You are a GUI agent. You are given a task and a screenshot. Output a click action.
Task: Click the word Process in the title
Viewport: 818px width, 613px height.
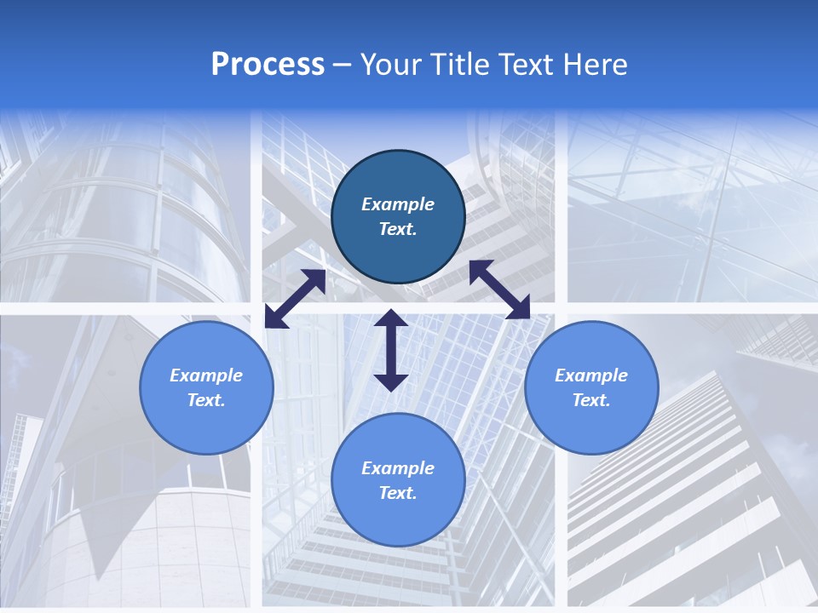[x=268, y=65]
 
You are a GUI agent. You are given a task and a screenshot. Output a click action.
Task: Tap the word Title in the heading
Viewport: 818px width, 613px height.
[x=461, y=65]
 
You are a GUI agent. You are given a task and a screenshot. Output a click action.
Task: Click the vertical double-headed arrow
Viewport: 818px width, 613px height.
[x=391, y=350]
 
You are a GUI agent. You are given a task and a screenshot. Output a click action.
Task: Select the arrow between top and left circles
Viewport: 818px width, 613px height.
[x=295, y=299]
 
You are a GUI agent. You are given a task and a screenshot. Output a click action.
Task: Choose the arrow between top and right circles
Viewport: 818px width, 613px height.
[x=500, y=289]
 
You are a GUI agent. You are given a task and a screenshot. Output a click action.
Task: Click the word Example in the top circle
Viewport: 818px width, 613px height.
[x=398, y=204]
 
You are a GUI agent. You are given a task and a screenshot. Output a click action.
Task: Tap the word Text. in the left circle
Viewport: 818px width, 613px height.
[x=206, y=400]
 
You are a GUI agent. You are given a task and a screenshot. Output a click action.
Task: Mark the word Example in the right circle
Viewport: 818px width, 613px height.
[x=591, y=375]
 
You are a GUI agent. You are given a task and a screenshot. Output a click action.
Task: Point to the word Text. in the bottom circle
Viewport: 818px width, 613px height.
[x=398, y=493]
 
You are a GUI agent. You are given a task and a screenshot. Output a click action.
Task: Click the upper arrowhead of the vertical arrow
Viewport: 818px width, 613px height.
[x=391, y=320]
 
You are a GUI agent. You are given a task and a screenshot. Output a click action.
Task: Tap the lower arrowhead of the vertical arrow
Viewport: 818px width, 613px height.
[x=391, y=381]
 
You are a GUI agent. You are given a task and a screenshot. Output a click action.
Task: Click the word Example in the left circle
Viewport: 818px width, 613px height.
[x=206, y=375]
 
